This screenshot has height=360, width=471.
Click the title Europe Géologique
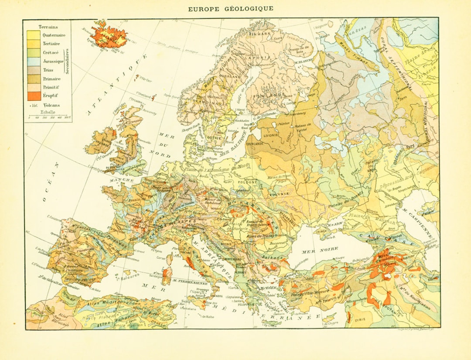[x=231, y=8]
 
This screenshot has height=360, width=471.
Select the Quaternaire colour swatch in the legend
[x=33, y=35]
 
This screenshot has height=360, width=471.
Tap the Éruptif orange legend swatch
[x=33, y=96]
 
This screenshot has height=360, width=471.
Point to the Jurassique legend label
[x=53, y=62]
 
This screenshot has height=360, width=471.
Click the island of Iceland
[x=107, y=35]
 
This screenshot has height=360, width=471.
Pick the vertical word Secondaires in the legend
[x=68, y=61]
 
